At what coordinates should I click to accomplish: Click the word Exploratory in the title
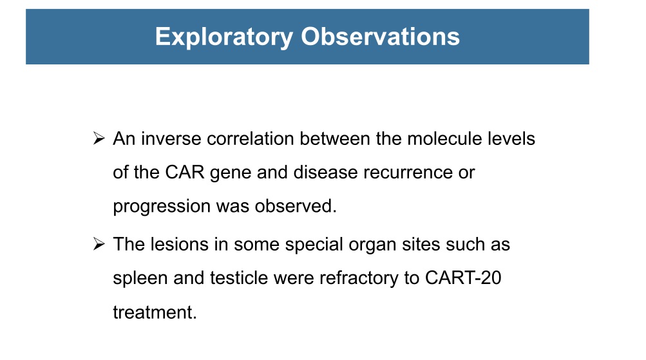[x=224, y=37]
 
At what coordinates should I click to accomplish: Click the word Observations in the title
[x=380, y=37]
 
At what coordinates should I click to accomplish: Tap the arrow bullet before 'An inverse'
[x=99, y=138]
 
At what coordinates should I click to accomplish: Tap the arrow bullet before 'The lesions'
[x=99, y=244]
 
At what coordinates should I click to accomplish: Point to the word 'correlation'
[x=251, y=139]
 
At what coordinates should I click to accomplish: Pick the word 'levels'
[x=511, y=139]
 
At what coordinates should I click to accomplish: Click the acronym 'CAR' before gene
[x=185, y=173]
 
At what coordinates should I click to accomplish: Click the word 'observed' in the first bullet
[x=296, y=206]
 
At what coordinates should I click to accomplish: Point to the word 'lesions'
[x=179, y=244]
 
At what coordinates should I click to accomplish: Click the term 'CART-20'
[x=463, y=278]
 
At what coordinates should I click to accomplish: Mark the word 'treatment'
[x=155, y=312]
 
